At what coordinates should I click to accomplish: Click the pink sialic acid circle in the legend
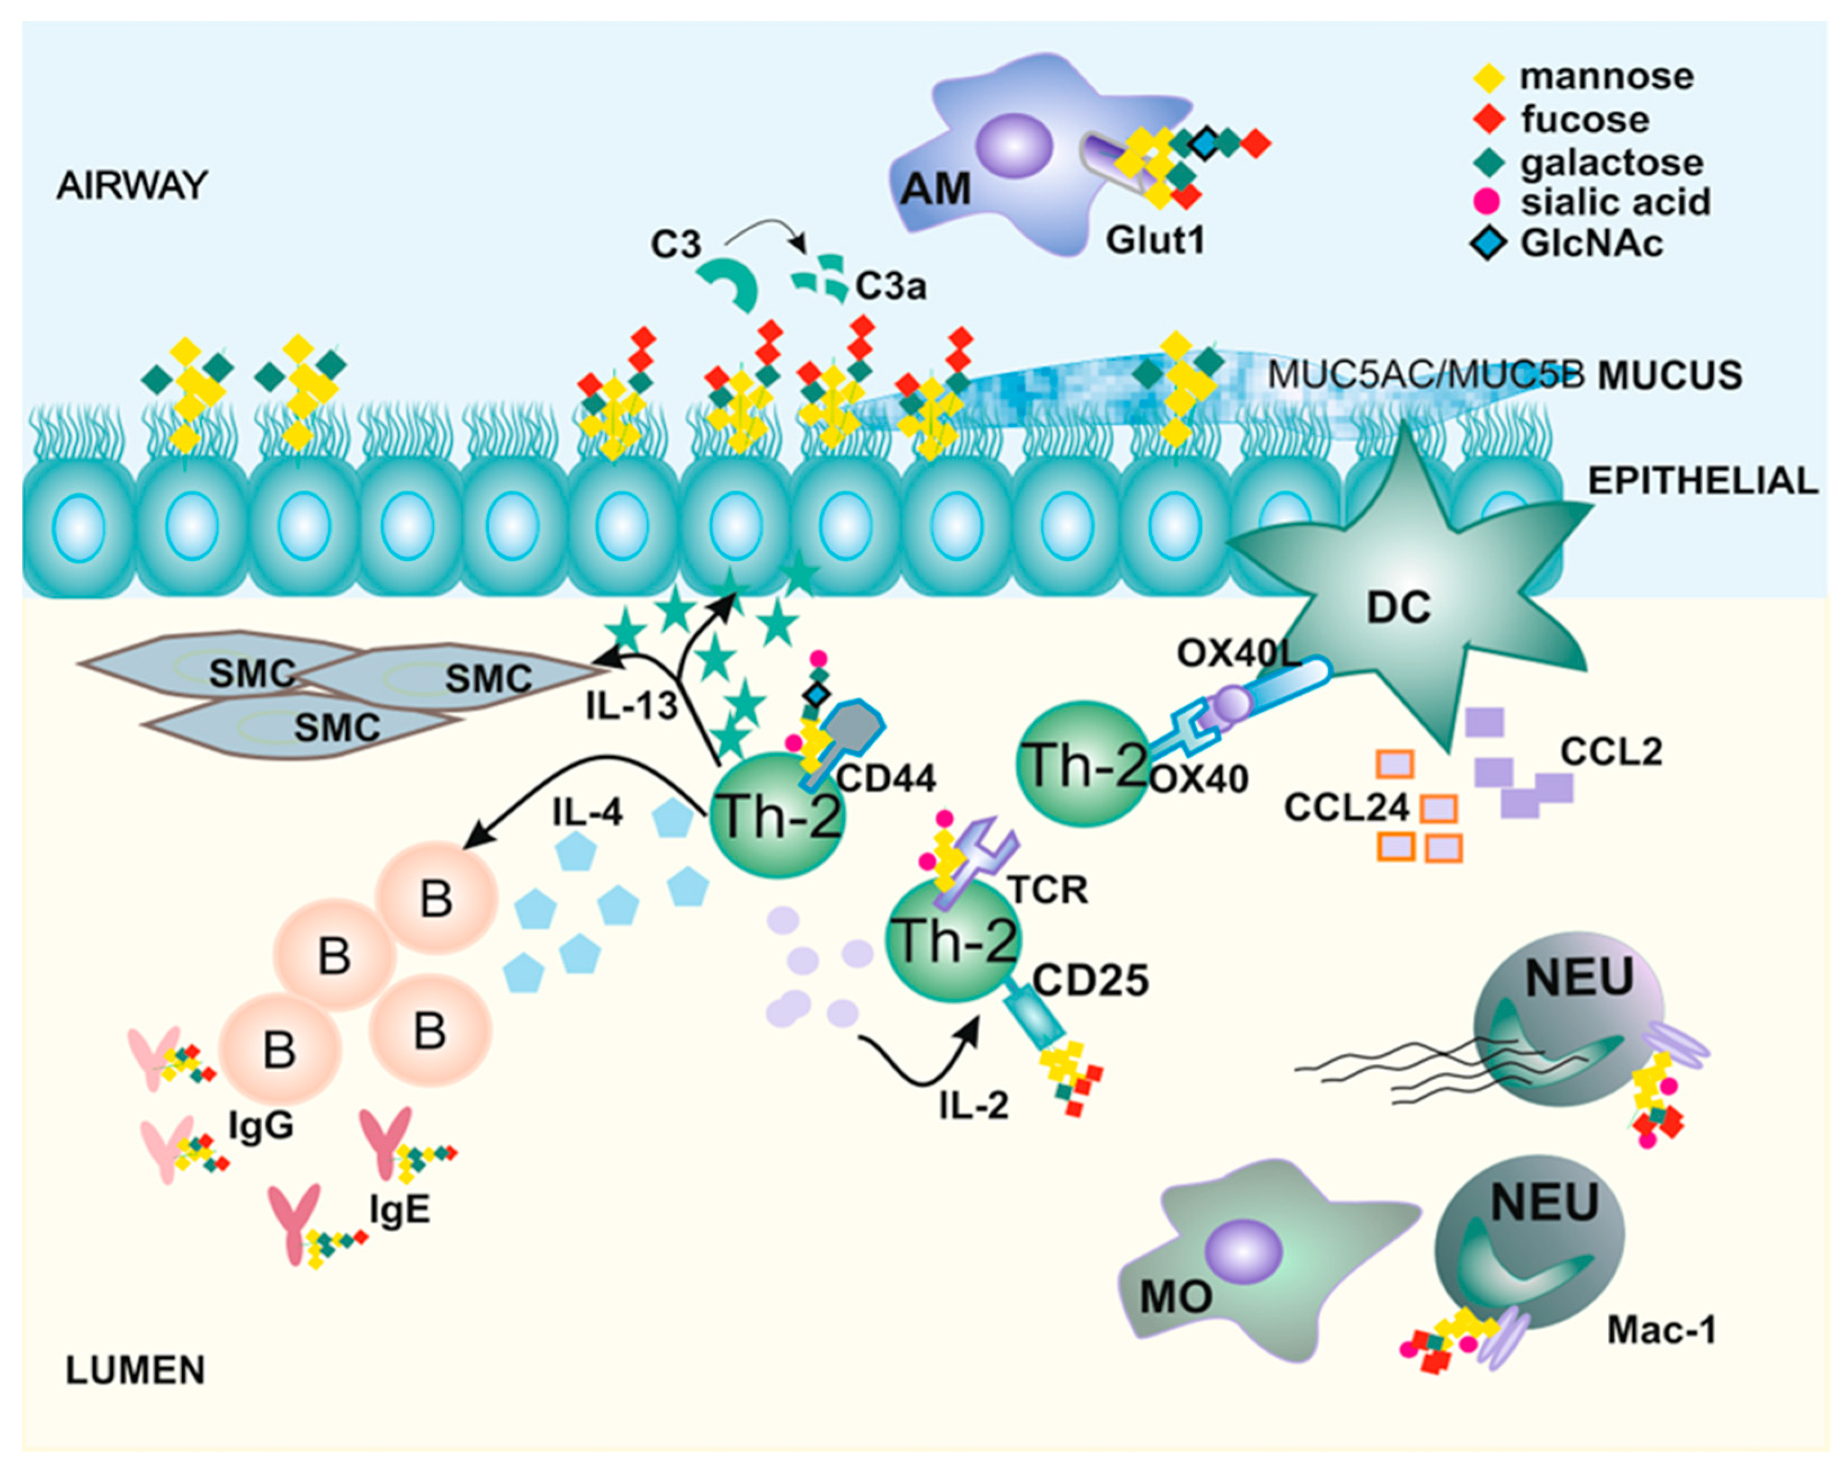tap(1488, 202)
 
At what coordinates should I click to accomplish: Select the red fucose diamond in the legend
tap(1489, 119)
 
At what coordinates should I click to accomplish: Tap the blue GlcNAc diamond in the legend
tap(1488, 244)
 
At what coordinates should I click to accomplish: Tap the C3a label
tap(890, 286)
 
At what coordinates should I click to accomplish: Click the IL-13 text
tap(631, 706)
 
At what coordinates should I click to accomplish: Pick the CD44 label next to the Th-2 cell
tap(885, 777)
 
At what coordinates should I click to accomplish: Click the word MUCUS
tap(1670, 376)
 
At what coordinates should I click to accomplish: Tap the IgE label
tap(400, 1211)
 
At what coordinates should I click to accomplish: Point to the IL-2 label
tap(973, 1106)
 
